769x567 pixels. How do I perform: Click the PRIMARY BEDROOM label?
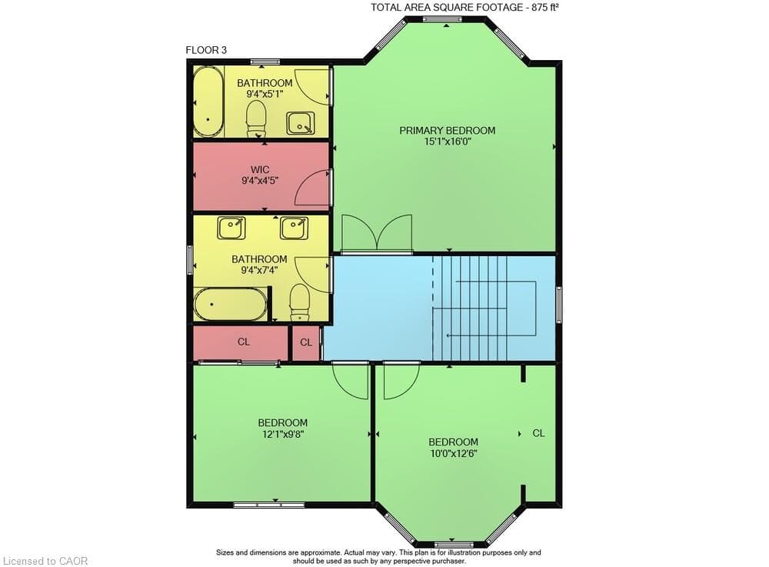pos(447,131)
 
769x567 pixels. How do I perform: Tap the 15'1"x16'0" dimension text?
pos(448,142)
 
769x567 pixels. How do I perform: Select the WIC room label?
pos(260,170)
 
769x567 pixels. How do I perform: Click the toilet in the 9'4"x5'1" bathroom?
pos(255,119)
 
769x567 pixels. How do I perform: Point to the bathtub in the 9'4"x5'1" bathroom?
pos(208,102)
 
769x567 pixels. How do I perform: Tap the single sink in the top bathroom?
pos(300,122)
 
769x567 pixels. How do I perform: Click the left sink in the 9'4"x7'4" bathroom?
pos(231,228)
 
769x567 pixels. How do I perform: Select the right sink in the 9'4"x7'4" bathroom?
pos(295,228)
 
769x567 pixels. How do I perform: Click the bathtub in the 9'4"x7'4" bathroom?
pos(231,304)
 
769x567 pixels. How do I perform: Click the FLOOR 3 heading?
pos(206,50)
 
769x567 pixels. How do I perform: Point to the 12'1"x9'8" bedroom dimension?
pos(282,434)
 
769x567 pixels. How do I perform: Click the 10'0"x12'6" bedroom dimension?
pos(453,453)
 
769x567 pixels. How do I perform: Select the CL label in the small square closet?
pos(306,342)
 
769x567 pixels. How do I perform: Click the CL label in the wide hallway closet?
pos(244,342)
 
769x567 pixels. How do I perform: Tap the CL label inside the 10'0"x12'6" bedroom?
pos(538,433)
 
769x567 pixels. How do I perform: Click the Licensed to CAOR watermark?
pos(45,561)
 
